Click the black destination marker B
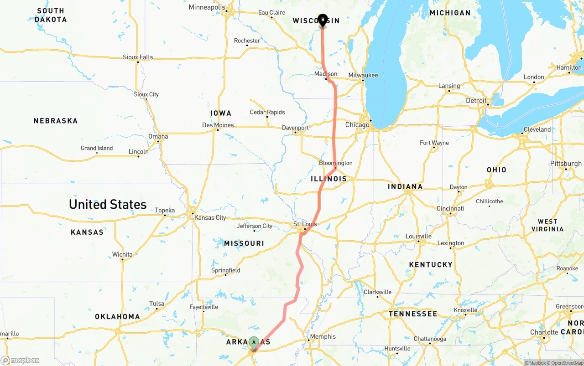(x=323, y=20)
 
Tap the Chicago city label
(x=357, y=125)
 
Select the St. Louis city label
(x=305, y=224)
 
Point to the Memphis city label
(x=323, y=337)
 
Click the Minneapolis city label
(x=207, y=7)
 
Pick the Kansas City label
(x=210, y=217)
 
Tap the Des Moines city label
(x=218, y=125)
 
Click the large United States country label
(x=108, y=204)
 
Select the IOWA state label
(x=221, y=113)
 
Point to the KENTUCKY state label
(x=431, y=264)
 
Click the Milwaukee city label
(x=363, y=75)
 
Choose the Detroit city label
(x=476, y=100)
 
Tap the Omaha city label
(x=158, y=136)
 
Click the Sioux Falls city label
(x=138, y=57)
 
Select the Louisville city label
(x=418, y=236)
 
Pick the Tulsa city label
(x=156, y=304)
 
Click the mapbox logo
(x=20, y=360)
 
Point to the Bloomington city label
(x=335, y=163)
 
